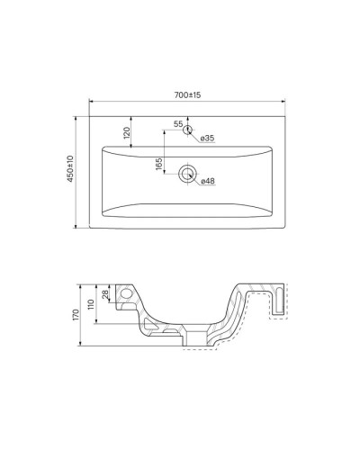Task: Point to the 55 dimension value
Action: (x=178, y=123)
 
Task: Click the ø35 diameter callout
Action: (x=206, y=138)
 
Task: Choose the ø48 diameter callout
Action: (x=207, y=183)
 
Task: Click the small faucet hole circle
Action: (x=188, y=130)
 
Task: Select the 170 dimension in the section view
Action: (x=78, y=314)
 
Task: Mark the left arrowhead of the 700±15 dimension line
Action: (x=92, y=101)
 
